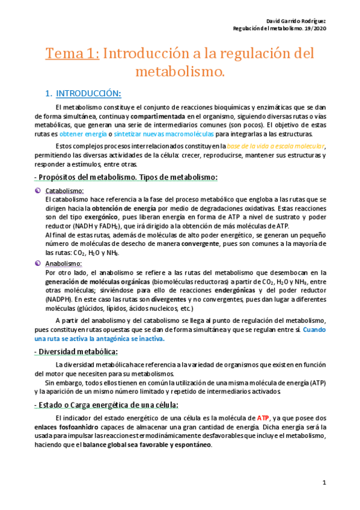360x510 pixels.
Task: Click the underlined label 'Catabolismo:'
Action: pos(64,191)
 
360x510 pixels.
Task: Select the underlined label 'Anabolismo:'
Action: pos(63,263)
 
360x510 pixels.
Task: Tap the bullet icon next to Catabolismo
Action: pos(38,191)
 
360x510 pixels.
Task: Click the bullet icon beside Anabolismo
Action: pos(38,263)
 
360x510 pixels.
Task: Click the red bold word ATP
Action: pos(263,417)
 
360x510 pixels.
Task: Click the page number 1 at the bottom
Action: pos(323,483)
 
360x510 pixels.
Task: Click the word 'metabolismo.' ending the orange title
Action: pos(180,73)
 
